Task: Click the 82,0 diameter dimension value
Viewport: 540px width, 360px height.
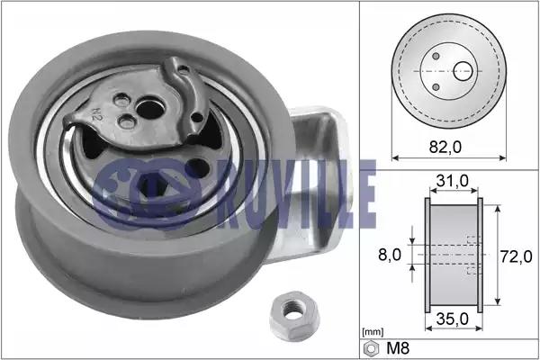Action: (x=445, y=147)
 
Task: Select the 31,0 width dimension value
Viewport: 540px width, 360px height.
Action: (x=453, y=180)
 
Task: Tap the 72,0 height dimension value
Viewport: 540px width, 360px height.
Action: (x=516, y=256)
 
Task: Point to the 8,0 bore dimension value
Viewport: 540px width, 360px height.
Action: (x=390, y=255)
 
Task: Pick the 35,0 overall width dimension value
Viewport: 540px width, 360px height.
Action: (x=452, y=319)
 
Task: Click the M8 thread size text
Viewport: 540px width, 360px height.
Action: (x=398, y=348)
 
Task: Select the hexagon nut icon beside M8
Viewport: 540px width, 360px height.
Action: (x=371, y=348)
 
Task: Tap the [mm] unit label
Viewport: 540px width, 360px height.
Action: (x=373, y=332)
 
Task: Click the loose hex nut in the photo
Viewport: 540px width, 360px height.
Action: (x=295, y=316)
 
